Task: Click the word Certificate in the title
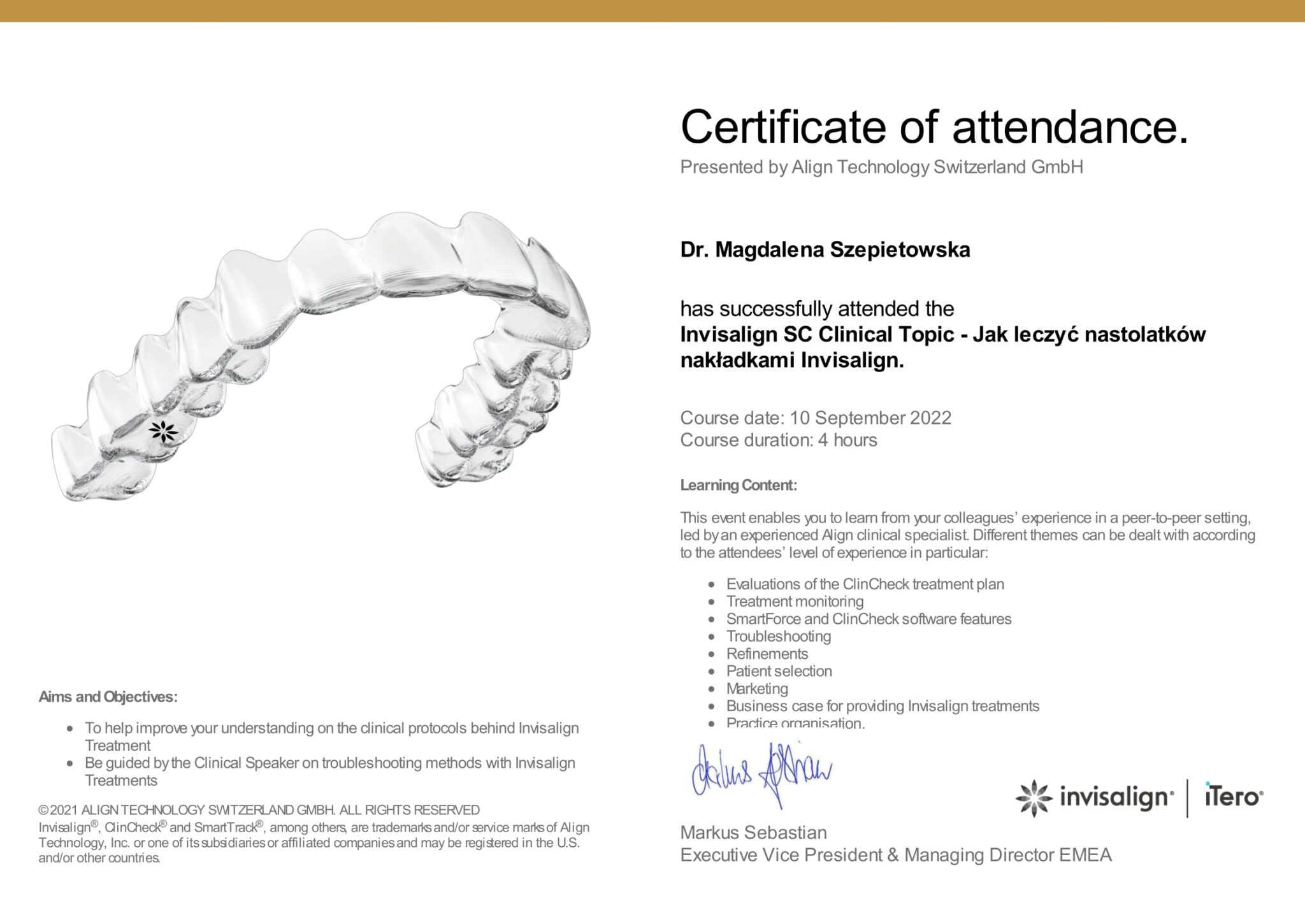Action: point(782,127)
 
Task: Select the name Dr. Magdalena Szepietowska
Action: point(825,250)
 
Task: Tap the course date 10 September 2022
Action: point(870,418)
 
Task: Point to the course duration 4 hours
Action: point(847,440)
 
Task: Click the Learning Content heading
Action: point(738,486)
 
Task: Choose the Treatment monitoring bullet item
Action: point(795,601)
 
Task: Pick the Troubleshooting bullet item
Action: point(778,637)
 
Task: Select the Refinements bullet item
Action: point(767,654)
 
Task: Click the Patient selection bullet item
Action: point(779,671)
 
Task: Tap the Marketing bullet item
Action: point(757,689)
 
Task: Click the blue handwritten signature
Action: point(761,774)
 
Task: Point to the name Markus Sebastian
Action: point(753,833)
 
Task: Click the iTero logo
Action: point(1233,796)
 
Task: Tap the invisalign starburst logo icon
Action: point(1033,798)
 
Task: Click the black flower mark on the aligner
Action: point(163,431)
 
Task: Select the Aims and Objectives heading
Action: point(108,697)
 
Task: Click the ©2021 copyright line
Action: point(259,810)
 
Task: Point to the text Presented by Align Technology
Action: point(881,167)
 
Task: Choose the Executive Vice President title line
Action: point(895,855)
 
